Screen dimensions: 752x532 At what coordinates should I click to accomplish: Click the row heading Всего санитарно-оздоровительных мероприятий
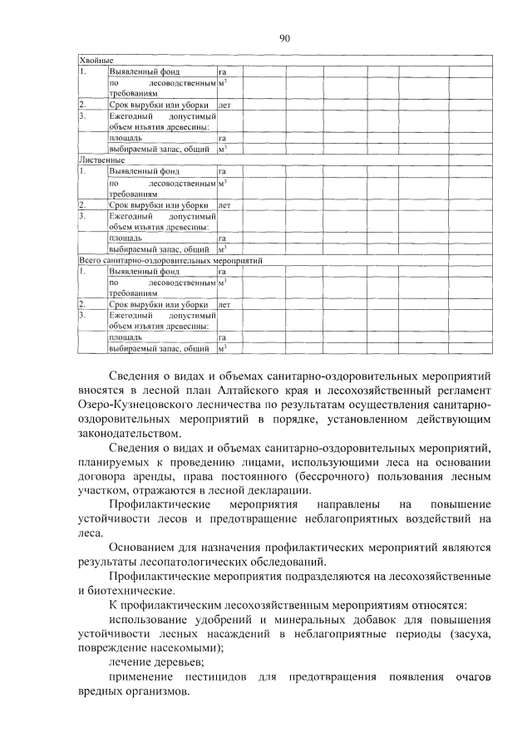pos(170,260)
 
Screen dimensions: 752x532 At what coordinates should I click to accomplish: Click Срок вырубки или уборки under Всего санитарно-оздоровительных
pos(157,306)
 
